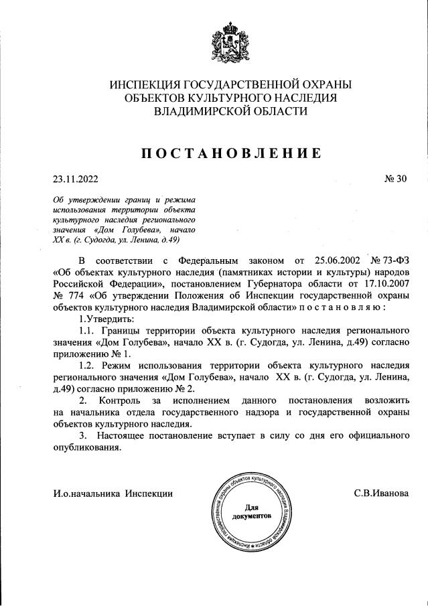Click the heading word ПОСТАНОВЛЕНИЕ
pos(231,153)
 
